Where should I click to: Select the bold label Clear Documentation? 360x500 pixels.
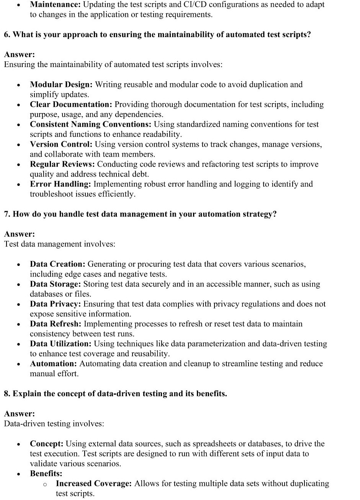[71, 105]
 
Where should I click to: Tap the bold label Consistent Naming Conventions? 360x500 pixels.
[91, 125]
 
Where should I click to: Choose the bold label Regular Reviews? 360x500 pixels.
[62, 164]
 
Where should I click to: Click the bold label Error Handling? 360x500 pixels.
[60, 184]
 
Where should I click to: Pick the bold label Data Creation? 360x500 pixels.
[58, 264]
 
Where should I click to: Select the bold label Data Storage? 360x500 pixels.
[55, 284]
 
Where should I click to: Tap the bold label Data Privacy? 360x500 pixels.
[55, 304]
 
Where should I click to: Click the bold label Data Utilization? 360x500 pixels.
[61, 344]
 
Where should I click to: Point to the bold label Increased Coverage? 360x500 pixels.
[94, 484]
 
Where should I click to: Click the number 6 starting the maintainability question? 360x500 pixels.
[7, 35]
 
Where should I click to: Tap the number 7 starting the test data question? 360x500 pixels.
[7, 215]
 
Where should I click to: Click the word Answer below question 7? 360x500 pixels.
[19, 234]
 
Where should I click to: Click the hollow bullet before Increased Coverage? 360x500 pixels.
[45, 485]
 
